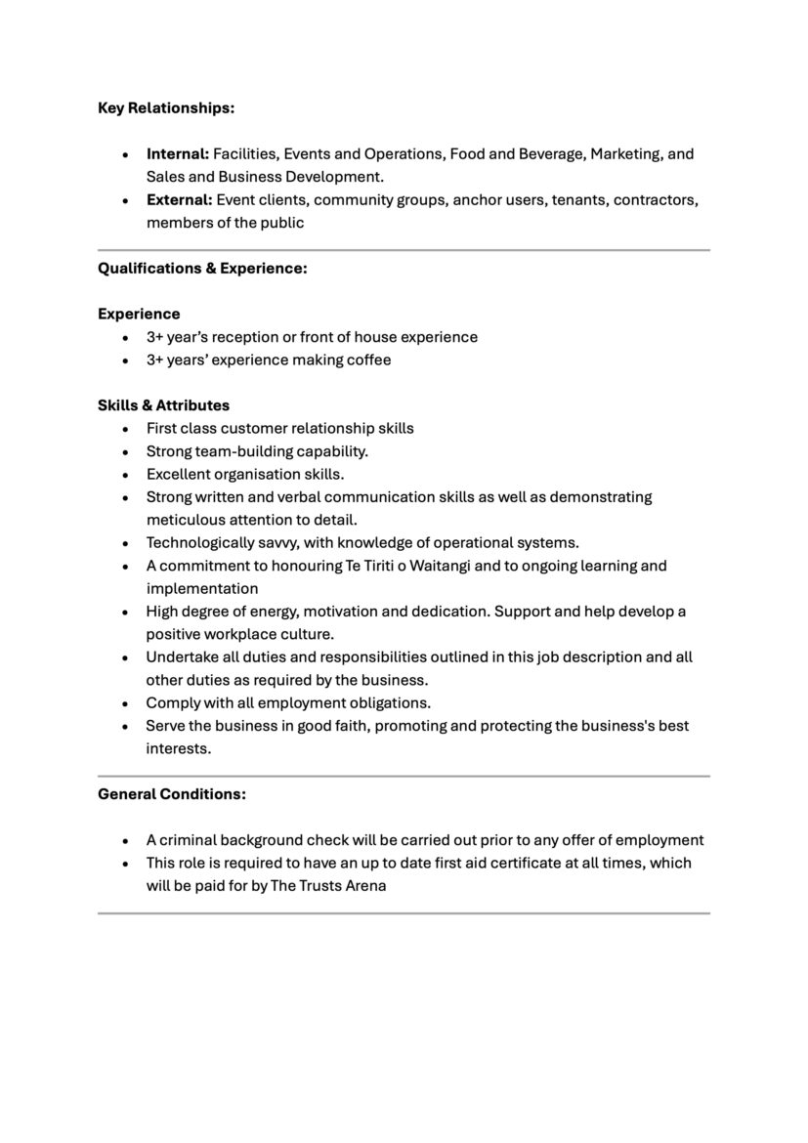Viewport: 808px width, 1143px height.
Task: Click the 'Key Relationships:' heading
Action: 166,107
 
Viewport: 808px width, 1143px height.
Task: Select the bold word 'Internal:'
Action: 178,153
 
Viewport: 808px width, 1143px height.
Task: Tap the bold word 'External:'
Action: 179,199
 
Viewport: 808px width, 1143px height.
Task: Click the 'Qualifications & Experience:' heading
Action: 202,268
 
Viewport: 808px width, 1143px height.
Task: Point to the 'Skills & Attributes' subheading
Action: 163,404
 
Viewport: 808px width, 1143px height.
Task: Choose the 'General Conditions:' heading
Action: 172,794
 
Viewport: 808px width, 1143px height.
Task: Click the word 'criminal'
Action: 188,840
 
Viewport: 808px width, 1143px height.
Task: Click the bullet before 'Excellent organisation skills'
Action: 125,475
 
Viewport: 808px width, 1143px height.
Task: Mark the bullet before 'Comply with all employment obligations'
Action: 125,703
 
